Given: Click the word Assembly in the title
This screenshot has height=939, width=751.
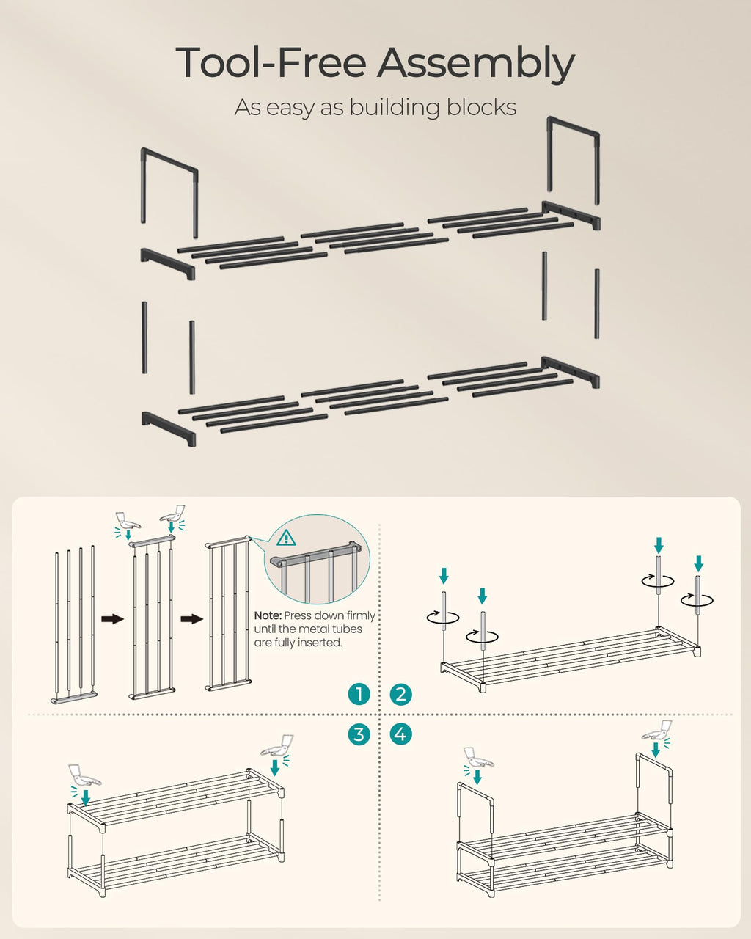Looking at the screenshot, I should [x=475, y=64].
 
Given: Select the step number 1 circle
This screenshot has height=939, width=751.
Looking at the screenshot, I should [x=359, y=694].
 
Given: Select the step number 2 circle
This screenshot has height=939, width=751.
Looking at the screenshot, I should [x=400, y=694].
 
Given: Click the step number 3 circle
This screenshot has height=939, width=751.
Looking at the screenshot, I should [x=359, y=734].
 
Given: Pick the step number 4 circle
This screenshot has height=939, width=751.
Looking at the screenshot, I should [x=400, y=734].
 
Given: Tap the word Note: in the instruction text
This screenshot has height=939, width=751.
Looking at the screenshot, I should [x=268, y=616].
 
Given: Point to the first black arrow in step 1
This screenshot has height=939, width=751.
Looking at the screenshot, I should [x=112, y=619].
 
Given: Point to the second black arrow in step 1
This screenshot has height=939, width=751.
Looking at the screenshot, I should [x=191, y=619].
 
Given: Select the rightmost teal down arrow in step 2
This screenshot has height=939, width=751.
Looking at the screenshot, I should [x=698, y=563].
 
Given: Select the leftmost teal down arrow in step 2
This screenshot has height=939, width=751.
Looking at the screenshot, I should [x=443, y=575].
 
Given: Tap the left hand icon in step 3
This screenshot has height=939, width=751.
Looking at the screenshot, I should [x=84, y=775].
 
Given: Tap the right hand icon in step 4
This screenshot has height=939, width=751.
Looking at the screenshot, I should [x=656, y=730].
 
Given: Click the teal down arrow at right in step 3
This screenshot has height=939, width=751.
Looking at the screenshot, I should [x=275, y=767].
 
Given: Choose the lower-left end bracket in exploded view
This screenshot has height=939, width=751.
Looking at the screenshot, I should [x=169, y=428].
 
